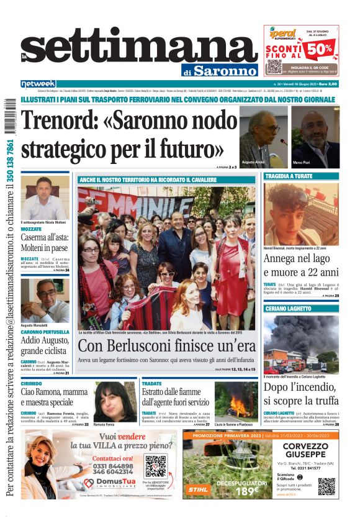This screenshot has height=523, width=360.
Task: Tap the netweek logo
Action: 38,84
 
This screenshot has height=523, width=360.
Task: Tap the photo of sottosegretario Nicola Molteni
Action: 45,198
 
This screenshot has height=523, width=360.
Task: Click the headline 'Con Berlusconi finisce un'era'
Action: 166,346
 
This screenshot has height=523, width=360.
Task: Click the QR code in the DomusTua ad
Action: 155,466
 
